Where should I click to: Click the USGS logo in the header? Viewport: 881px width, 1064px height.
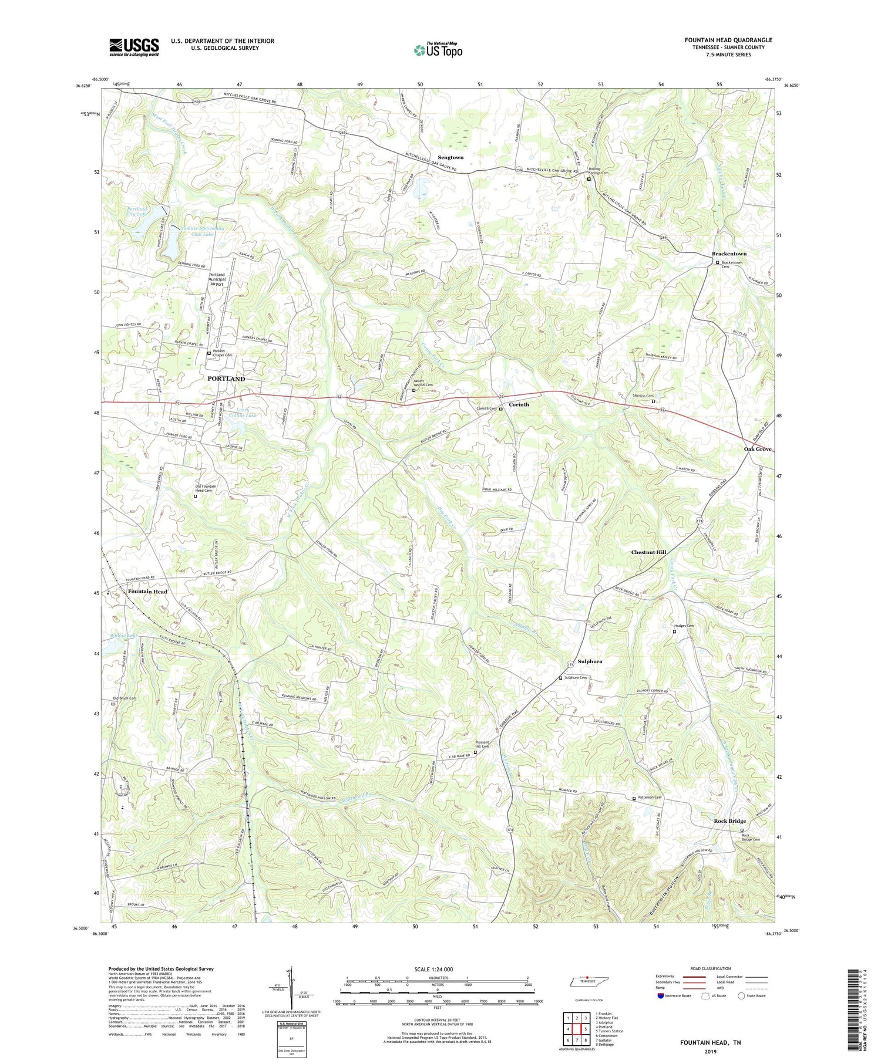coord(134,47)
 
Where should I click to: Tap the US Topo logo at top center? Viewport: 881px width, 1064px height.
coord(438,50)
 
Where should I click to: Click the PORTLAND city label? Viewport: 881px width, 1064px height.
coord(226,379)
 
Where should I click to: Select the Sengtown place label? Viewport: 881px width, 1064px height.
coord(450,157)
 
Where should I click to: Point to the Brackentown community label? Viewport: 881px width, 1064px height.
coord(729,254)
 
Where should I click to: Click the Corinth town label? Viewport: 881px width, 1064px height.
coord(519,404)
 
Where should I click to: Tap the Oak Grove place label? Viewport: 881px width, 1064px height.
coord(758,449)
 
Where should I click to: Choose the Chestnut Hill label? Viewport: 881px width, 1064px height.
coord(648,552)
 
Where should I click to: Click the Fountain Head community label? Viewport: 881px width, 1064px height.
coord(147,592)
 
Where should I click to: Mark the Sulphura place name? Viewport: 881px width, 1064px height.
coord(590,661)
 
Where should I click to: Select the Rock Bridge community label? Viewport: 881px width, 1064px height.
coord(729,821)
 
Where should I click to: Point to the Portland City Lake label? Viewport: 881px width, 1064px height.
coord(137,212)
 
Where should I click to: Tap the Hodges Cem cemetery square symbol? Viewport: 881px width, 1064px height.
coord(674,632)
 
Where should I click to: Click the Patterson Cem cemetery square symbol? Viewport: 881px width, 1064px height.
coord(634,799)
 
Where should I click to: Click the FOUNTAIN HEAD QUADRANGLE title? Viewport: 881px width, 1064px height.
coord(728,40)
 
